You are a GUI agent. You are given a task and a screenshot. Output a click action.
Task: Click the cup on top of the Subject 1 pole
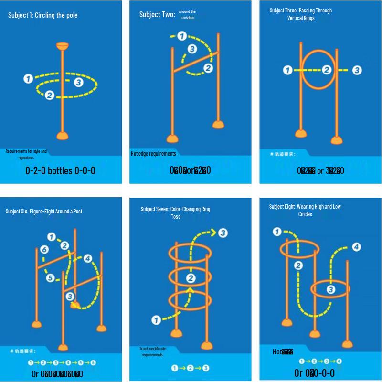pyautogui.click(x=62, y=47)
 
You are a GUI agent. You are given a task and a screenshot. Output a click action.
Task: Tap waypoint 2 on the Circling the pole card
pyautogui.click(x=49, y=95)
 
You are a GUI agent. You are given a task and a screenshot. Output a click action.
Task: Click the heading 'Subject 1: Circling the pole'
pyautogui.click(x=43, y=15)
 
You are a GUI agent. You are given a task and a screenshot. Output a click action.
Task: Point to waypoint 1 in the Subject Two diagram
pyautogui.click(x=181, y=36)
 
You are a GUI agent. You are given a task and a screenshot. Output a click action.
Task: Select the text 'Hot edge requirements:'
pyautogui.click(x=154, y=154)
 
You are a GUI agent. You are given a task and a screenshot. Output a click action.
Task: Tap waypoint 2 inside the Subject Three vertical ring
pyautogui.click(x=327, y=70)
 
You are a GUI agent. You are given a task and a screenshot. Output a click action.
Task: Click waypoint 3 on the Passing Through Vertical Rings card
pyautogui.click(x=357, y=70)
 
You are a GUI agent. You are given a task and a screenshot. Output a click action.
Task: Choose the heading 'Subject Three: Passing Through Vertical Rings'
pyautogui.click(x=301, y=14)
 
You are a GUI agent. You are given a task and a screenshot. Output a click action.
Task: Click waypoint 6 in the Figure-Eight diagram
pyautogui.click(x=44, y=250)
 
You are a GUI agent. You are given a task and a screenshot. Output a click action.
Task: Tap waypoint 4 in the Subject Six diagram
pyautogui.click(x=87, y=259)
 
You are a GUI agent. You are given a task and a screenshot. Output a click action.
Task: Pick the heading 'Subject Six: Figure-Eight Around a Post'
pyautogui.click(x=44, y=211)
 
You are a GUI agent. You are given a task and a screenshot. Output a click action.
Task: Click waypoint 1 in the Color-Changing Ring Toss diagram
pyautogui.click(x=156, y=320)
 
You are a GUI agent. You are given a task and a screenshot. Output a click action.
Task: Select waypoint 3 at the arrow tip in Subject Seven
pyautogui.click(x=223, y=233)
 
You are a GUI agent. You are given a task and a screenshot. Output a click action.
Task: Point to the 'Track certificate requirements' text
pyautogui.click(x=152, y=351)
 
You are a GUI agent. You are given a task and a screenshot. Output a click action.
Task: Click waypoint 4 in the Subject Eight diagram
pyautogui.click(x=356, y=247)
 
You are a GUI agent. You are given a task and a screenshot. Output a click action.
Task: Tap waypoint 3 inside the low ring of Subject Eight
pyautogui.click(x=330, y=289)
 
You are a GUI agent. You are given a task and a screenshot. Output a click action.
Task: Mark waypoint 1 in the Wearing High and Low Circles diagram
pyautogui.click(x=277, y=233)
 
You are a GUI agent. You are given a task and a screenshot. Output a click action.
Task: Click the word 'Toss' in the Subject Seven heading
pyautogui.click(x=176, y=216)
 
